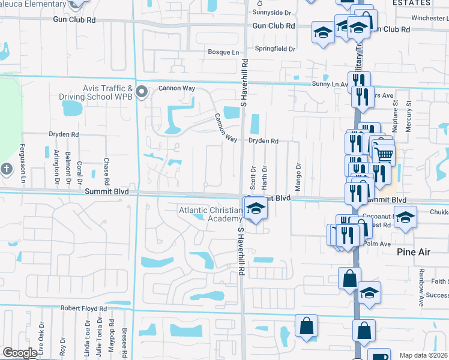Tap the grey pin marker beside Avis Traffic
click(142, 92)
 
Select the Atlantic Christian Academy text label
click(211, 214)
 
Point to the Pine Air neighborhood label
click(414, 252)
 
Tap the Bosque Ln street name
click(223, 53)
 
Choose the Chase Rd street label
click(106, 171)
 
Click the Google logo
click(19, 353)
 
